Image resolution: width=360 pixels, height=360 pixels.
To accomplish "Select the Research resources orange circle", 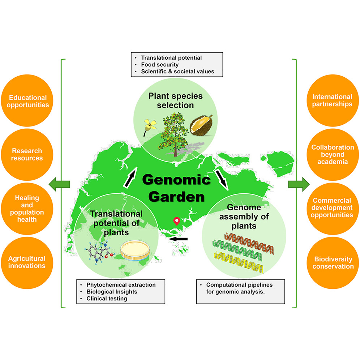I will pos(28,154).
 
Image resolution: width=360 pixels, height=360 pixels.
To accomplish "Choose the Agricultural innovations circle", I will pos(28,262).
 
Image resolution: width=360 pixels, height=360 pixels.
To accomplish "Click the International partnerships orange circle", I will pos(332,100).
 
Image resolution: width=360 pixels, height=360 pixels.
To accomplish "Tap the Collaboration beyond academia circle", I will pos(332,154).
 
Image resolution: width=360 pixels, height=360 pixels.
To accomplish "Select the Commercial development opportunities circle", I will pos(332,208).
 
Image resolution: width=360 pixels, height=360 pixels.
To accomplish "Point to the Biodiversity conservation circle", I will pos(332,263).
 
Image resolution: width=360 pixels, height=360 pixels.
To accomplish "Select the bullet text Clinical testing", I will pos(107,299).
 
